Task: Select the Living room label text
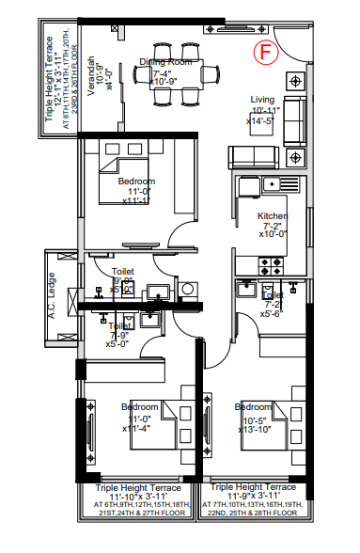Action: pos(261,100)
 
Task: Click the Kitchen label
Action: pos(273,215)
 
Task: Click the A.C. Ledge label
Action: pos(54,294)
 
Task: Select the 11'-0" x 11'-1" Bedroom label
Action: pos(137,181)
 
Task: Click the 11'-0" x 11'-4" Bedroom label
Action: pos(139,407)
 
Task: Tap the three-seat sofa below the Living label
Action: pos(257,157)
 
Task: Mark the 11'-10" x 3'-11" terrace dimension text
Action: pos(138,497)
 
